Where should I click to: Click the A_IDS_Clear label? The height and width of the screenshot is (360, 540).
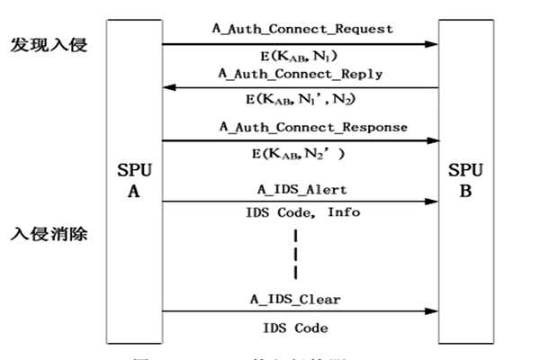295,298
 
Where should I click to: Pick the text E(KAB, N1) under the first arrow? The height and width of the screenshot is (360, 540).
298,57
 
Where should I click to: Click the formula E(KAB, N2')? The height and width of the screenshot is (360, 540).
298,154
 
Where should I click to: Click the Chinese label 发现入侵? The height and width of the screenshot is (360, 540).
49,45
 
